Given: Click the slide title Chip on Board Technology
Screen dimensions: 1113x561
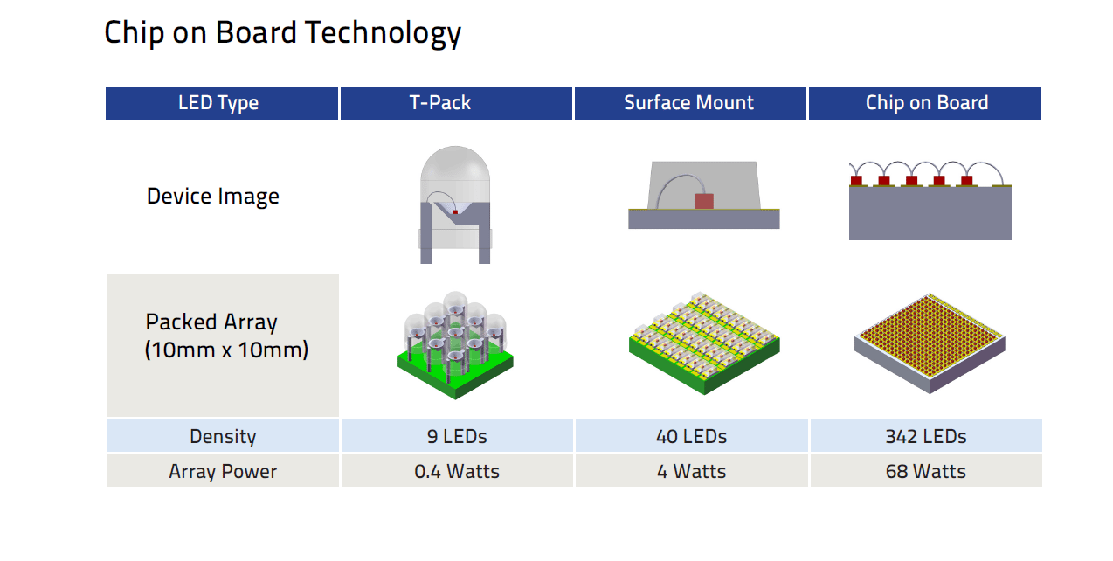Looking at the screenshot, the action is point(283,33).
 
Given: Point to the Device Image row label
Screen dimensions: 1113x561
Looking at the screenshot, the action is point(212,197).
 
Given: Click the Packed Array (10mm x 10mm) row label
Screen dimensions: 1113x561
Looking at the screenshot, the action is point(226,336).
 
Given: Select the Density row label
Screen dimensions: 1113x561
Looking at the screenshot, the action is point(223,436).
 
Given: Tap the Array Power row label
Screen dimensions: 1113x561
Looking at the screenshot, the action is point(223,471).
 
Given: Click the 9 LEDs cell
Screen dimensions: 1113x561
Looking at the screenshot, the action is point(457,436).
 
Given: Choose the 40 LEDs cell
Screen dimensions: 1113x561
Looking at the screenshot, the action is point(691,436).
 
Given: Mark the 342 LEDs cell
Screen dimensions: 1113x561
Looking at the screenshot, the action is point(926,436).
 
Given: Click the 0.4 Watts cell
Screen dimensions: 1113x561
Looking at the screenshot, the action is point(457,471).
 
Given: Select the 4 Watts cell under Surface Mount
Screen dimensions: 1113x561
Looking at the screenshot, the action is point(691,471).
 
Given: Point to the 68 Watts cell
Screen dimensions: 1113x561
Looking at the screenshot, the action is point(926,471).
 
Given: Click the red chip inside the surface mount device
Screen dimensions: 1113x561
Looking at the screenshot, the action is point(703,201).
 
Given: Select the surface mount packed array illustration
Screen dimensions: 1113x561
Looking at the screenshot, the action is point(704,343).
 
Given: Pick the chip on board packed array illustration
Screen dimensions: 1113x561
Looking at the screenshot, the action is point(930,343).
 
